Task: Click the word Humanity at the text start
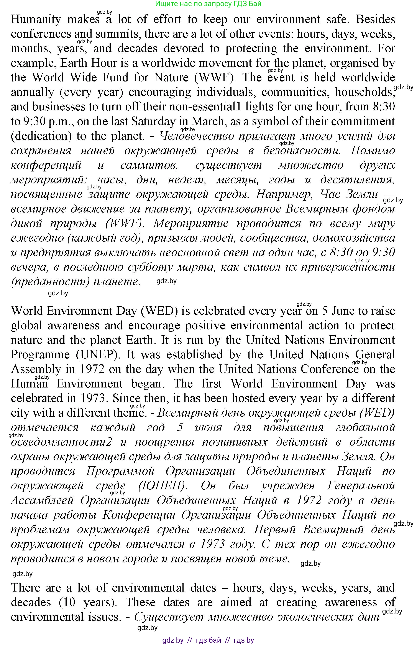(x=36, y=20)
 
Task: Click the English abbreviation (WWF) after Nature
(x=215, y=78)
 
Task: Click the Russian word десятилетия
(x=357, y=180)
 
